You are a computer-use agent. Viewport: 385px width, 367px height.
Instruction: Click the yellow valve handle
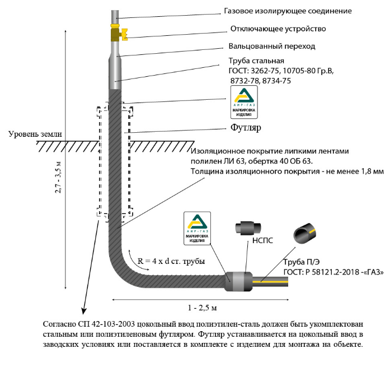[x=124, y=34]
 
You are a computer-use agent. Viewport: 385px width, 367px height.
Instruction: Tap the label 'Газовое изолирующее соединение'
[x=288, y=11]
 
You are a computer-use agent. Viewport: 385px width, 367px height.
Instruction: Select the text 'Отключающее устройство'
[x=278, y=29]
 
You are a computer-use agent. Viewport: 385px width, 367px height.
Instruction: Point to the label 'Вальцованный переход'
[x=272, y=46]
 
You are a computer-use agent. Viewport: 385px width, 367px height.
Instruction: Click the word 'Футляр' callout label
[x=246, y=128]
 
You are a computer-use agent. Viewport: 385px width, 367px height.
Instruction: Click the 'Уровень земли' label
[x=35, y=134]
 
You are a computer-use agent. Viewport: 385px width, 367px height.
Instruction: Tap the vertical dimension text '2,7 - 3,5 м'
[x=58, y=177]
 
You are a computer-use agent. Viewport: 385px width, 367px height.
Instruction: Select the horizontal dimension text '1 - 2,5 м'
[x=203, y=308]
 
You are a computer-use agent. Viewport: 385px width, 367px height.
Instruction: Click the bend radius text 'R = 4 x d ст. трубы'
[x=171, y=261]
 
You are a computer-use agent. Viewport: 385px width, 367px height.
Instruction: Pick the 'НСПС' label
[x=262, y=240]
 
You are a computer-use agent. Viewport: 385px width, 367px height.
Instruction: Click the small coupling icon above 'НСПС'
[x=248, y=228]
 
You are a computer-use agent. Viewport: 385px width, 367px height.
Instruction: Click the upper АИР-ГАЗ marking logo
[x=244, y=103]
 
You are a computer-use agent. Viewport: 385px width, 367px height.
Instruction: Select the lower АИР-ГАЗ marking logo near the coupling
[x=197, y=229]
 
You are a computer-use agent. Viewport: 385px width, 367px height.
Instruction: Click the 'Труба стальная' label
[x=256, y=61]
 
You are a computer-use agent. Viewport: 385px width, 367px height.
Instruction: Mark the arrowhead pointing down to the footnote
[x=84, y=310]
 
